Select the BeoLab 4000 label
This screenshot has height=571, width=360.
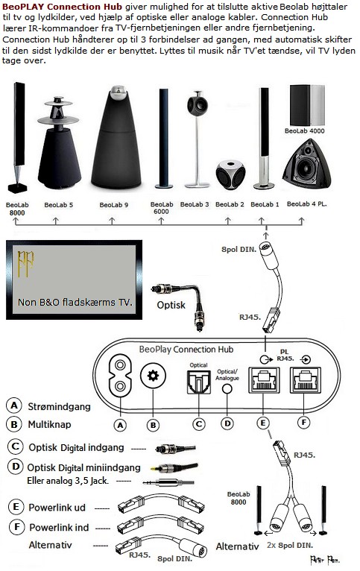(304, 130)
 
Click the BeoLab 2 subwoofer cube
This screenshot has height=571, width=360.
(230, 174)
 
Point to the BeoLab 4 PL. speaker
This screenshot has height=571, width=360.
(307, 163)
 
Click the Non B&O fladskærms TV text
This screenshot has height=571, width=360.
(75, 302)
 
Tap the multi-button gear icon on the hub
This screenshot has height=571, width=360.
(153, 376)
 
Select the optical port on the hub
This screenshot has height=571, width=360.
(199, 382)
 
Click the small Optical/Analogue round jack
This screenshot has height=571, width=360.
(227, 388)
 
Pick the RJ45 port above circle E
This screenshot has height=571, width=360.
(264, 380)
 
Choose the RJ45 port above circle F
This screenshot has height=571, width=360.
(306, 380)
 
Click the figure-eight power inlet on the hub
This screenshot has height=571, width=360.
(120, 376)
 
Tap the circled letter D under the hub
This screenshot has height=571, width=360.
(227, 423)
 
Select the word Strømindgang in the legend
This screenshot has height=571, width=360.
(60, 406)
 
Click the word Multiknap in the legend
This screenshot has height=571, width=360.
(49, 424)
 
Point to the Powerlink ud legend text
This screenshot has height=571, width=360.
(57, 508)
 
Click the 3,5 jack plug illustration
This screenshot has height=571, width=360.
(168, 483)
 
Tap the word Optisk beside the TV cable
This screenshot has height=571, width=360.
(171, 305)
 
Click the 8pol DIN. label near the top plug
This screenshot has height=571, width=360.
(239, 250)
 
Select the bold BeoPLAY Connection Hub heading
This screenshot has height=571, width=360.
(63, 7)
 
